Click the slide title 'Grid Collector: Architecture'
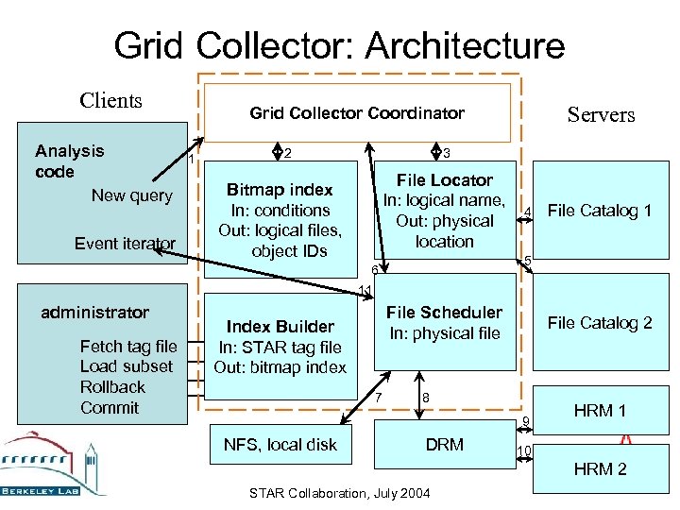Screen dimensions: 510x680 (x=339, y=45)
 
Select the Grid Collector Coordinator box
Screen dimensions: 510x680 (x=357, y=113)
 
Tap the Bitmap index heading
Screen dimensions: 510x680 (x=280, y=190)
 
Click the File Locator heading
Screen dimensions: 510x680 (x=444, y=179)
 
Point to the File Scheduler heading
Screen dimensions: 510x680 (x=444, y=312)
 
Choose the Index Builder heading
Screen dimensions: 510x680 (x=280, y=327)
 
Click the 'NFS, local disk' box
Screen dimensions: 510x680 (x=280, y=445)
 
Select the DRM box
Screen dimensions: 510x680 (x=444, y=445)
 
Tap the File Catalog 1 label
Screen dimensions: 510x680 (x=600, y=211)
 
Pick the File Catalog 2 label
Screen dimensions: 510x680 (x=600, y=323)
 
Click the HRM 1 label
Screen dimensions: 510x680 (x=600, y=411)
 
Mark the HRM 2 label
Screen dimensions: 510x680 (x=600, y=469)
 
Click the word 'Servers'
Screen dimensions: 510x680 (x=601, y=115)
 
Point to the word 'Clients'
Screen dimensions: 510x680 (x=110, y=100)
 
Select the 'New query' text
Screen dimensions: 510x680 (x=131, y=195)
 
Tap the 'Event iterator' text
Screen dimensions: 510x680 (x=125, y=244)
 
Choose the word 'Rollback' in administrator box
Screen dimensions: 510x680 (x=112, y=387)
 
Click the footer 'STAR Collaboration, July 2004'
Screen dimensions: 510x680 (x=338, y=494)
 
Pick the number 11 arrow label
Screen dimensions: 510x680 (x=364, y=290)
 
